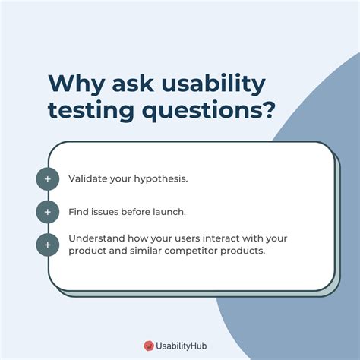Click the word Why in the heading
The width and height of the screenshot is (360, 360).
[x=76, y=84]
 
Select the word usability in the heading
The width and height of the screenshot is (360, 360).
[x=213, y=84]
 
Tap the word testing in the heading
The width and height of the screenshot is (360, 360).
[x=91, y=110]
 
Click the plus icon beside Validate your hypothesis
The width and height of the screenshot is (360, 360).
[x=48, y=179]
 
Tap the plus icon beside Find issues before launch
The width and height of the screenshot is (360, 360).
[x=48, y=212]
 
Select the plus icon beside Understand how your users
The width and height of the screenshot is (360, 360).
[x=48, y=245]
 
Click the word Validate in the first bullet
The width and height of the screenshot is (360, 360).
[x=88, y=178]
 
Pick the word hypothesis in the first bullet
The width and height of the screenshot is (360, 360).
[x=161, y=179]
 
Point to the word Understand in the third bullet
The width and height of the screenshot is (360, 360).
[x=96, y=238]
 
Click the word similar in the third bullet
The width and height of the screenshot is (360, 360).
[x=146, y=251]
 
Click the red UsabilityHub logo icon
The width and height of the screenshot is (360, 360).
[x=149, y=346]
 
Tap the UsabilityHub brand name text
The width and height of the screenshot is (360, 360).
[x=182, y=346]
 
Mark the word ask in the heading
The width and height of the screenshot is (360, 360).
[x=133, y=84]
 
